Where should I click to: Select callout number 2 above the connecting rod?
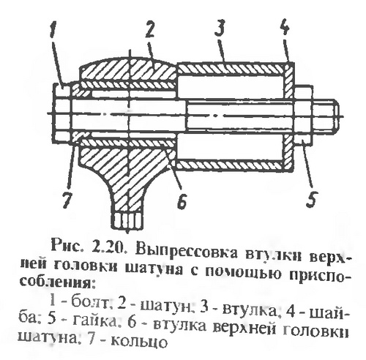[x=149, y=28]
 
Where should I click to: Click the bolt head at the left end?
[x=62, y=112]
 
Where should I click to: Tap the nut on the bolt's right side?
[x=303, y=115]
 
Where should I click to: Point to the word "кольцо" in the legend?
[x=139, y=341]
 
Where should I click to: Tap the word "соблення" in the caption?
[x=56, y=285]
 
